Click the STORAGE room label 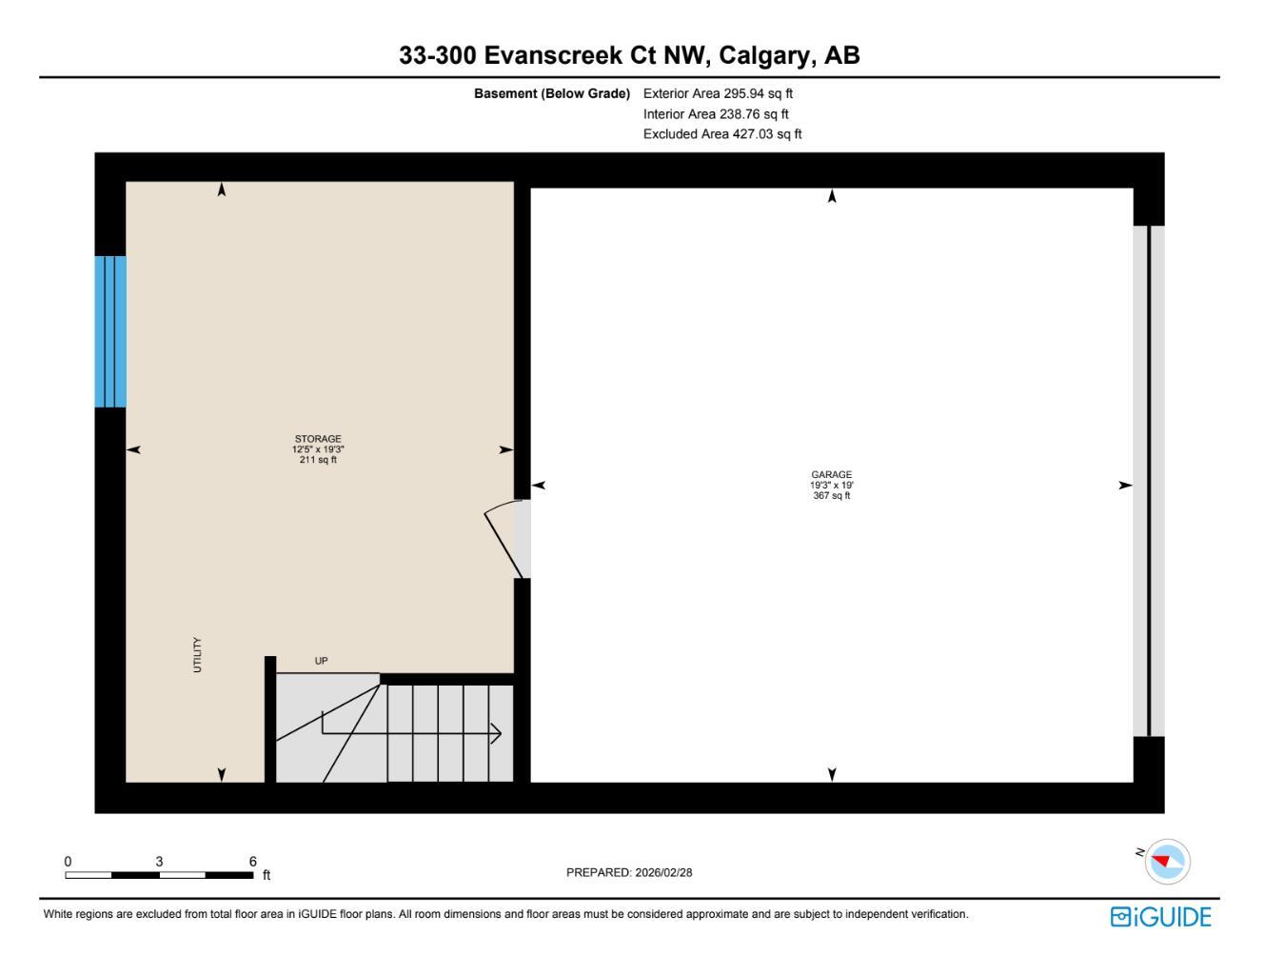(318, 439)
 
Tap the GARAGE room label (831, 474)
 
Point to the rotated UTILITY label (198, 655)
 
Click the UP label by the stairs (321, 661)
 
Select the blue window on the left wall (110, 331)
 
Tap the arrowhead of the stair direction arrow (496, 733)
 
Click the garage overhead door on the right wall (1149, 481)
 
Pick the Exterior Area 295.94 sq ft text (718, 93)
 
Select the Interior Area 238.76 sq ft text (716, 114)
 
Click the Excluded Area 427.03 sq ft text (722, 134)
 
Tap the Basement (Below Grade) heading (552, 93)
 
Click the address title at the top (629, 55)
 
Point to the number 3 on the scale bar (159, 861)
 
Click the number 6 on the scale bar (253, 861)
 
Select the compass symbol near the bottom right (1167, 861)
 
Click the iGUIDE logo (1160, 917)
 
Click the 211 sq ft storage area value (318, 460)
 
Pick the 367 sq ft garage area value (831, 495)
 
